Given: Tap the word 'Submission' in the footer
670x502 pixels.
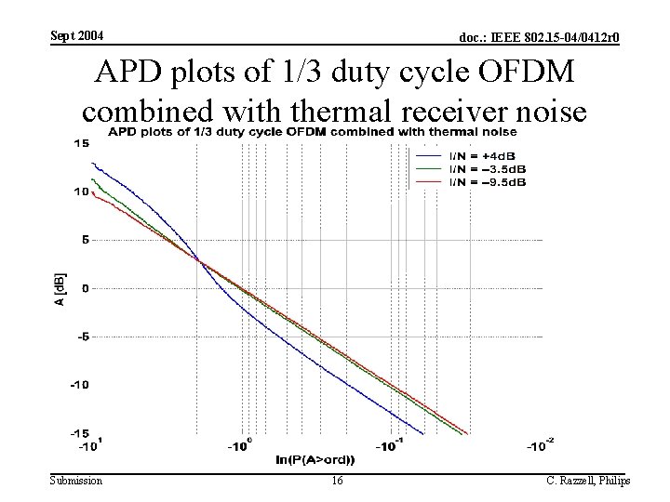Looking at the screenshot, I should pos(76,480).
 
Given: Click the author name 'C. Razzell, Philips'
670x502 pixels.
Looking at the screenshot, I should pos(588,480).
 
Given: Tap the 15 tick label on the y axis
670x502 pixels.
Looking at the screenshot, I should pos(81,143).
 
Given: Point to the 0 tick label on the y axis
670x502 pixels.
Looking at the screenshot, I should pos(85,288).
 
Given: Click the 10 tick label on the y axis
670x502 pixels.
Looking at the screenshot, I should pos(81,192).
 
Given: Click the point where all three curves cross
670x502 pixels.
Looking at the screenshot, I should pos(198,259).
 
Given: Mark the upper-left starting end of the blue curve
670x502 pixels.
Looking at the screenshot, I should pos(91,163).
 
